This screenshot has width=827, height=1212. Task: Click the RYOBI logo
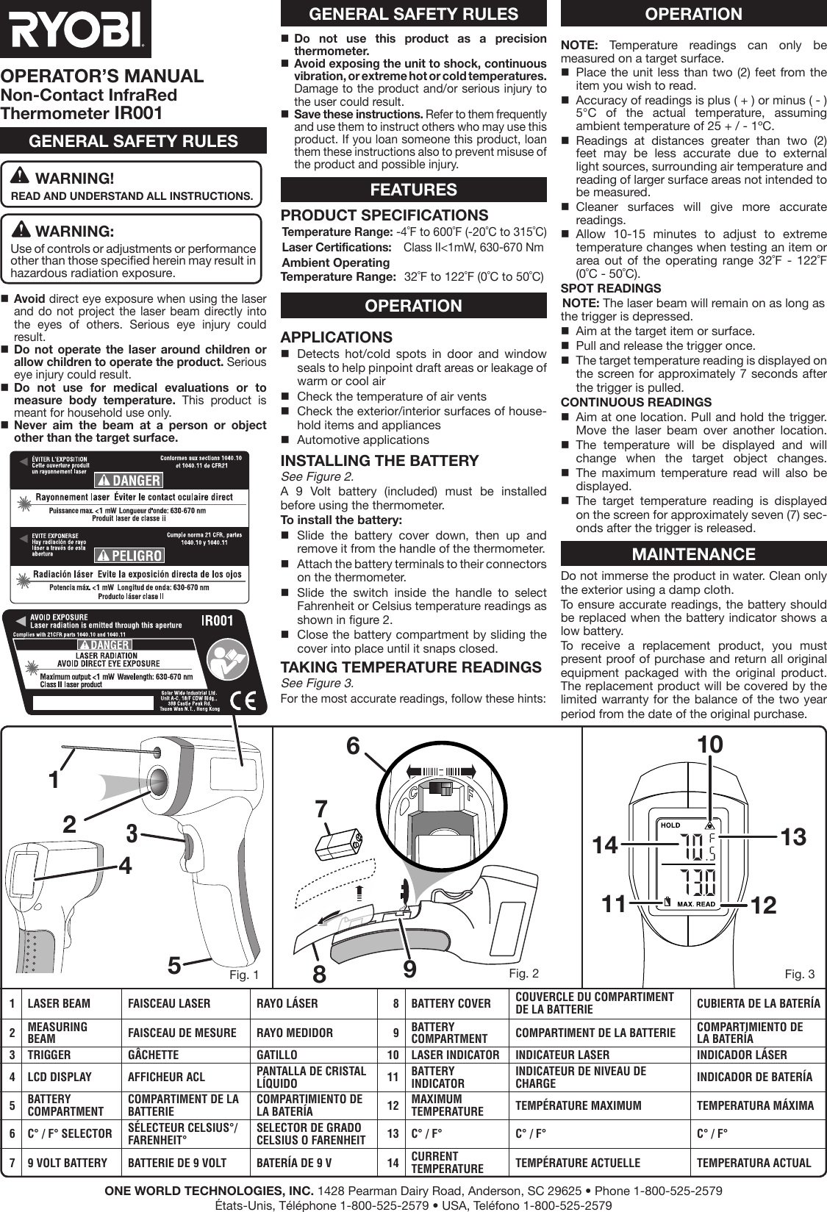click(75, 29)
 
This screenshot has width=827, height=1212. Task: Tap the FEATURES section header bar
click(413, 190)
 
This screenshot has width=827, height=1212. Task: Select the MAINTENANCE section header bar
click(693, 554)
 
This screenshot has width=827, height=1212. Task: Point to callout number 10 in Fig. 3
click(710, 744)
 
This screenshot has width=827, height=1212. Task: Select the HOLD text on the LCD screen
click(670, 825)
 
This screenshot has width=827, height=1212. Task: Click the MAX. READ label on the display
click(695, 903)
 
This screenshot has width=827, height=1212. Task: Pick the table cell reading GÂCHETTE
click(153, 1055)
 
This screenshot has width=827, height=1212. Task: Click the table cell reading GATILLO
click(276, 1055)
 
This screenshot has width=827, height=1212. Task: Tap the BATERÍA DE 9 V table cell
click(293, 1163)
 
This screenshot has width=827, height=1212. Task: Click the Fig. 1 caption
click(244, 975)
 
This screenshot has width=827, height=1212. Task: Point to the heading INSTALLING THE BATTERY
click(379, 461)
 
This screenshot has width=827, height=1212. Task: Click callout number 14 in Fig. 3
click(605, 845)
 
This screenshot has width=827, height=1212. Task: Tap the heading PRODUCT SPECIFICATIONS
click(384, 215)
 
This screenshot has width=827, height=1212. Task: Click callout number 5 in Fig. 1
click(174, 964)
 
